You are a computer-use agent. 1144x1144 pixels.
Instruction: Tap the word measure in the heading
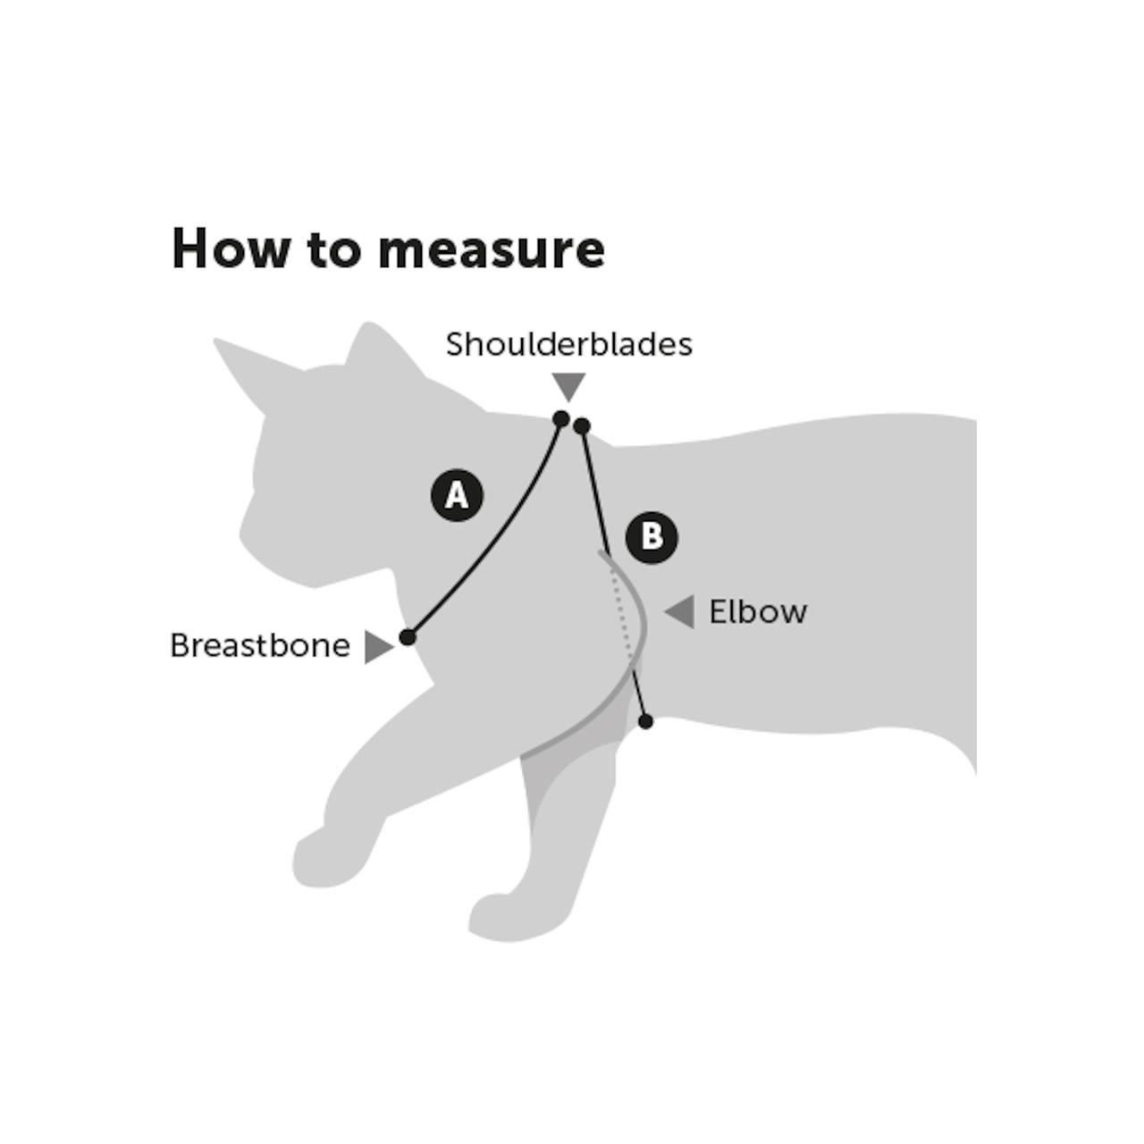[491, 250]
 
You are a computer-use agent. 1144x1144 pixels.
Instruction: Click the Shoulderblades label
[568, 344]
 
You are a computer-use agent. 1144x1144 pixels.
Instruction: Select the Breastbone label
[259, 645]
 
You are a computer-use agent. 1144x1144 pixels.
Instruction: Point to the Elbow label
[758, 612]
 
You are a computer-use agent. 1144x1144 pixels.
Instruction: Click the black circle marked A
[457, 494]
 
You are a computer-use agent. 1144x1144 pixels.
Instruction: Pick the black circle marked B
[652, 537]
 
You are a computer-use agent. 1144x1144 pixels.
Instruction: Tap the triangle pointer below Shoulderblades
[568, 385]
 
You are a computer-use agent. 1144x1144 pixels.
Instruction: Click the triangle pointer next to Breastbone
[377, 646]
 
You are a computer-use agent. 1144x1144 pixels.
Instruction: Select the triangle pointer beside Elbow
[681, 612]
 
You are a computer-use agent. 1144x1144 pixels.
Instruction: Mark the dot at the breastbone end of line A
[408, 637]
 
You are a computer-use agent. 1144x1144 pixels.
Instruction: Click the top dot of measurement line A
[561, 418]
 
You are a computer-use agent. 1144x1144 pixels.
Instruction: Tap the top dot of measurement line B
[582, 425]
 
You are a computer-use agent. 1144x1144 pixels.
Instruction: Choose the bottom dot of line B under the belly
[646, 721]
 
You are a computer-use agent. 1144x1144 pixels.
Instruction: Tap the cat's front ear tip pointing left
[217, 342]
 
